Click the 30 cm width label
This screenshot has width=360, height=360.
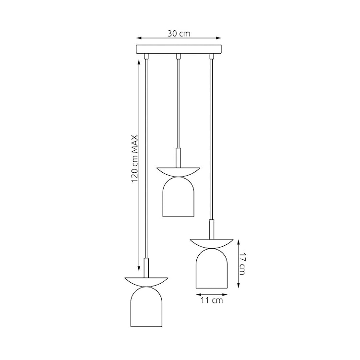pyautogui.click(x=178, y=34)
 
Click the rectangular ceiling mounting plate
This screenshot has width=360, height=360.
pyautogui.click(x=178, y=49)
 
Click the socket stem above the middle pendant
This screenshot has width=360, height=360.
pyautogui.click(x=178, y=157)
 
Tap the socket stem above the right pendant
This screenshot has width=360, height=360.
pyautogui.click(x=211, y=229)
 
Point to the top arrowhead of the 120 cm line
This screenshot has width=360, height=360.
pyautogui.click(x=139, y=60)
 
